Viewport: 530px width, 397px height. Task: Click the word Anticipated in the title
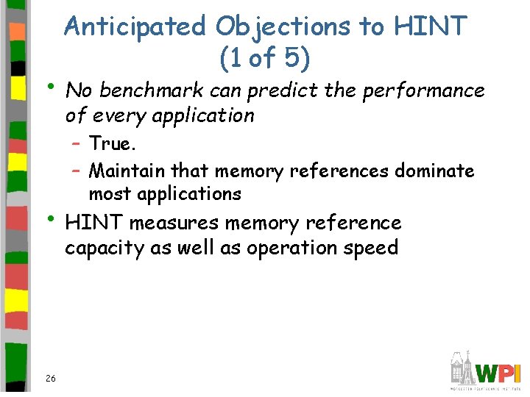[x=136, y=27]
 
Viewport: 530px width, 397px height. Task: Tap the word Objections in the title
[x=283, y=27]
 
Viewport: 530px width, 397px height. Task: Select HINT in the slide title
[x=431, y=27]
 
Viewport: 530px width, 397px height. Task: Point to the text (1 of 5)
[x=265, y=57]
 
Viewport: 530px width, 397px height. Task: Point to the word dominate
[x=434, y=171]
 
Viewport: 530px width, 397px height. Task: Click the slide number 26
[x=50, y=378]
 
